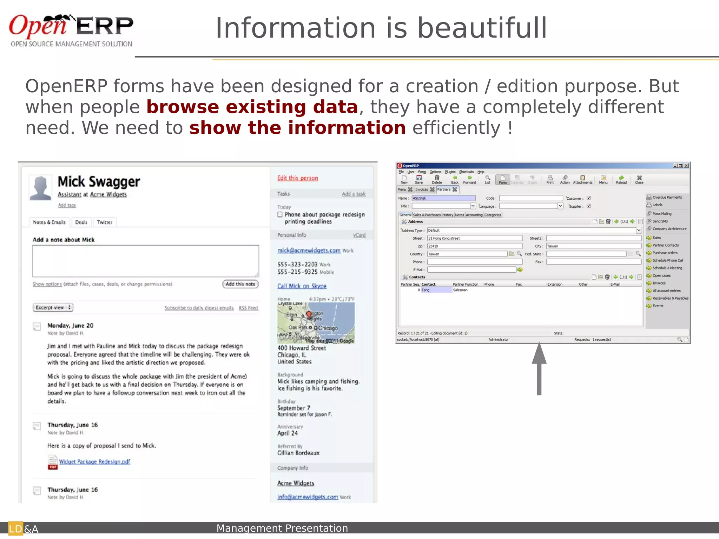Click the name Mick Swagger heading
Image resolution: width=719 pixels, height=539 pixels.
tap(99, 182)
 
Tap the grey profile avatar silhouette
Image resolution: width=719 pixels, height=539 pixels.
tap(40, 188)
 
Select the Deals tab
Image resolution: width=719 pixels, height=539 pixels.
tap(81, 222)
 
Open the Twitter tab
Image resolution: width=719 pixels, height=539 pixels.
tap(105, 222)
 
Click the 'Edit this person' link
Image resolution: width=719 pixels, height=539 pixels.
tap(297, 178)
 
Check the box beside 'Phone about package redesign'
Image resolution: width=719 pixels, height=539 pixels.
tap(280, 214)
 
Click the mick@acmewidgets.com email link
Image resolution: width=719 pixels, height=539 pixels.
tap(309, 250)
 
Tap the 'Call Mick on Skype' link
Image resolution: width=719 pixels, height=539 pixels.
tap(302, 286)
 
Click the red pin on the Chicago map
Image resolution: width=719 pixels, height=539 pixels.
tap(309, 314)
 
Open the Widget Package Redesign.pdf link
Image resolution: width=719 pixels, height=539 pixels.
tap(94, 461)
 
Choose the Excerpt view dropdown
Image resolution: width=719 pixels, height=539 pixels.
tap(53, 307)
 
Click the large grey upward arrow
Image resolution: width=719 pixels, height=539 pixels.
tap(539, 368)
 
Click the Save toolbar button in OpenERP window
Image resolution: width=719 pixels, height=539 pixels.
tap(419, 179)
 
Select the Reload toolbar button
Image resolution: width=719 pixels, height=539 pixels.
tap(621, 179)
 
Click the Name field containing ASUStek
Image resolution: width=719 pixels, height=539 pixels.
tap(444, 198)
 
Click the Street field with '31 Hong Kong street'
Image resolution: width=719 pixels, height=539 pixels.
tap(475, 238)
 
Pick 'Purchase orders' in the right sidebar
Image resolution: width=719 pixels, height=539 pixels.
tap(665, 253)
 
